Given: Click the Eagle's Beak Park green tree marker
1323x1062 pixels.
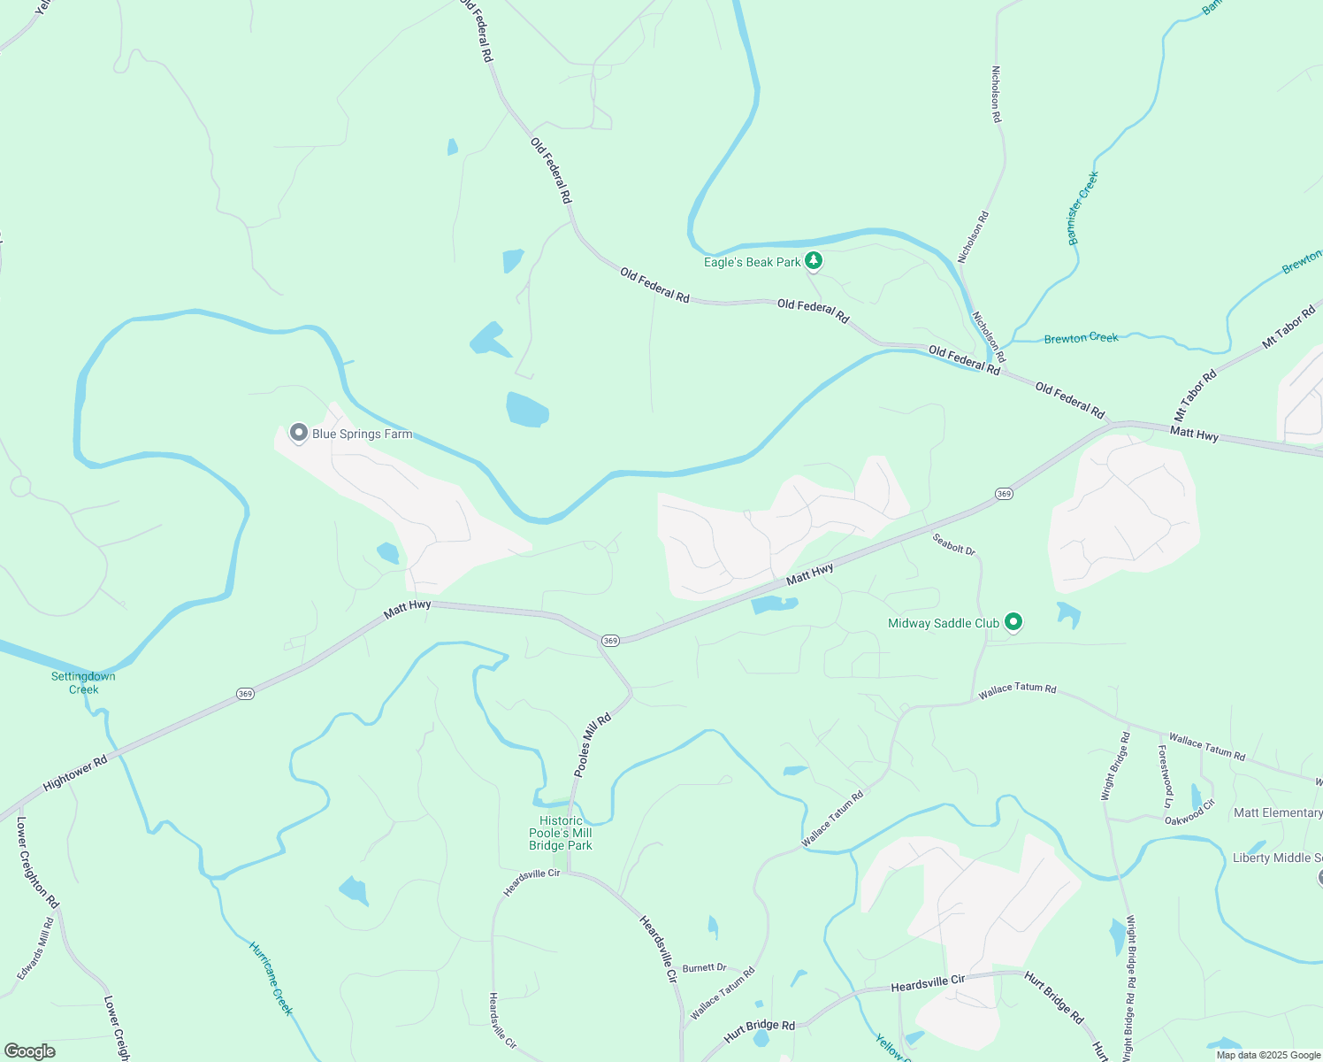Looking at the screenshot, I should [x=814, y=261].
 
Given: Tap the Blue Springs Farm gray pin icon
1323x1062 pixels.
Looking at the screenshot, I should [x=299, y=434].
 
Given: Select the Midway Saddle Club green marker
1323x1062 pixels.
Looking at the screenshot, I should [x=1014, y=622].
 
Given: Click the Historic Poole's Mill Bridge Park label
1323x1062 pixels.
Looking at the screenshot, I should [x=561, y=833].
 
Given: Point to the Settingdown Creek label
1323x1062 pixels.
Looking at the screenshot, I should [x=83, y=682].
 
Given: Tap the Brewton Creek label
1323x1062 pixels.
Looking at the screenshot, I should [x=1081, y=338].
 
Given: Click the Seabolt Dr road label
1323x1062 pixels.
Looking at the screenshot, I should [x=954, y=544].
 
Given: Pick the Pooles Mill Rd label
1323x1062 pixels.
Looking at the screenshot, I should [x=593, y=745].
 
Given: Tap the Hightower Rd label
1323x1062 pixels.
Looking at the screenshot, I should [x=75, y=772].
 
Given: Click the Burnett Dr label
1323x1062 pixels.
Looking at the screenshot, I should [x=704, y=967].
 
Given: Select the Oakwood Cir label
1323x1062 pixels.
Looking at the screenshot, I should [x=1189, y=812].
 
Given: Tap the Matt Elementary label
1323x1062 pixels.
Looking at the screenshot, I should [x=1278, y=812].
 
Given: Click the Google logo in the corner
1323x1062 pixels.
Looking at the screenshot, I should [x=30, y=1051].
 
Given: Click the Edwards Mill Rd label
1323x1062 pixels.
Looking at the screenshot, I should [x=36, y=948].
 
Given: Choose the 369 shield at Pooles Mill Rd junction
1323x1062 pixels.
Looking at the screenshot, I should [x=610, y=640].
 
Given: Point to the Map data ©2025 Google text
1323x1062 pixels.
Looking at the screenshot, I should [x=1268, y=1055].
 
